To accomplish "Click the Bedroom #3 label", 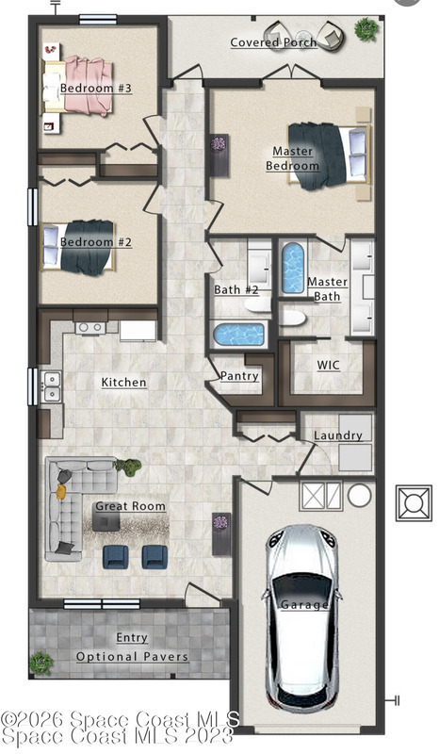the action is pyautogui.click(x=96, y=88).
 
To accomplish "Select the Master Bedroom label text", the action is pyautogui.click(x=292, y=158).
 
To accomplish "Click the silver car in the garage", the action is pyautogui.click(x=302, y=615).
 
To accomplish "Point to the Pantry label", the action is pyautogui.click(x=239, y=375).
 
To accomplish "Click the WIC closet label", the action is pyautogui.click(x=329, y=365).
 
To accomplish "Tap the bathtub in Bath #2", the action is pyautogui.click(x=238, y=335).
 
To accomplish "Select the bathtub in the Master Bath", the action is pyautogui.click(x=293, y=268).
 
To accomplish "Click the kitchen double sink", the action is pyautogui.click(x=51, y=386).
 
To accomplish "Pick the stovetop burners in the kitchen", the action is pyautogui.click(x=90, y=327).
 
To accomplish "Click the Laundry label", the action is pyautogui.click(x=338, y=435).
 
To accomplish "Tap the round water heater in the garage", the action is pyautogui.click(x=359, y=496).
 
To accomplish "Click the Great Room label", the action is pyautogui.click(x=130, y=506).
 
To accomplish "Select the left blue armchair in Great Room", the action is pyautogui.click(x=115, y=557).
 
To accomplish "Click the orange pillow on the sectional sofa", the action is pyautogui.click(x=60, y=492).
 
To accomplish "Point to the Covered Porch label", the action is pyautogui.click(x=273, y=42).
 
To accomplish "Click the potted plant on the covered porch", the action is pyautogui.click(x=366, y=29).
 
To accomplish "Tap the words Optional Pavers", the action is pyautogui.click(x=132, y=657).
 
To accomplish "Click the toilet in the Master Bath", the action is pyautogui.click(x=292, y=319).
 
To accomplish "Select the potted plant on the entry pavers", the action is pyautogui.click(x=41, y=664).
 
